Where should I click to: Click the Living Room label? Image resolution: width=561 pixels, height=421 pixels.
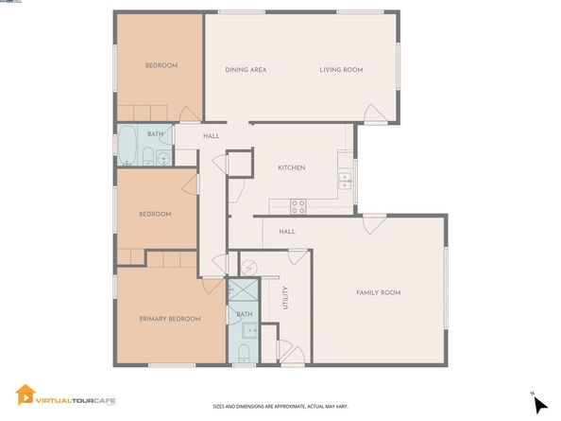pyautogui.click(x=340, y=70)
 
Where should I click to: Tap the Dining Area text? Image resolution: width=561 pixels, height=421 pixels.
pyautogui.click(x=245, y=70)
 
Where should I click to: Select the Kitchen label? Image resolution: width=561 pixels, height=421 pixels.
pyautogui.click(x=291, y=167)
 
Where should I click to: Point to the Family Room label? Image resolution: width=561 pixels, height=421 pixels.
pyautogui.click(x=378, y=292)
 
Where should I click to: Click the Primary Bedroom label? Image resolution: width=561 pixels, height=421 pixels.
pyautogui.click(x=170, y=319)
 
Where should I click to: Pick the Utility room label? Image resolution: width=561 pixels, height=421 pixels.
pyautogui.click(x=284, y=298)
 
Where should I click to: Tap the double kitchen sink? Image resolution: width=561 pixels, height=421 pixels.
pyautogui.click(x=345, y=177)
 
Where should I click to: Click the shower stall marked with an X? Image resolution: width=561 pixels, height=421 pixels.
pyautogui.click(x=244, y=291)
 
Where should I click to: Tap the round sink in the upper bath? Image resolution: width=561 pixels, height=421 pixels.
pyautogui.click(x=161, y=158)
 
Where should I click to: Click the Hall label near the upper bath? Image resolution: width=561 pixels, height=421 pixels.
pyautogui.click(x=212, y=136)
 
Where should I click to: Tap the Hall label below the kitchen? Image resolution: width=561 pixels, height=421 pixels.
pyautogui.click(x=287, y=232)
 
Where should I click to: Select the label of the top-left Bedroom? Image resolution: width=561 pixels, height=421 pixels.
pyautogui.click(x=161, y=65)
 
